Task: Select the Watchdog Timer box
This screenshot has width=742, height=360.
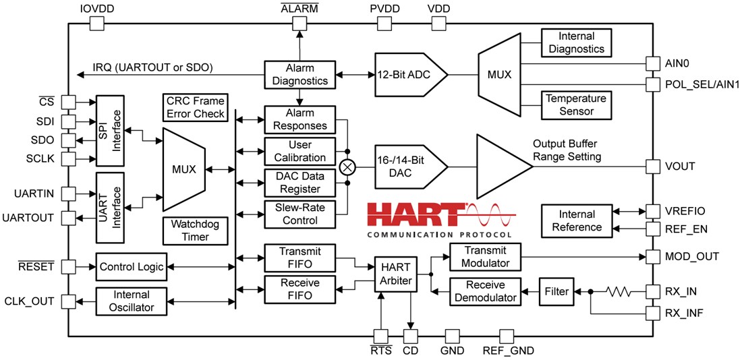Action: pos(195,230)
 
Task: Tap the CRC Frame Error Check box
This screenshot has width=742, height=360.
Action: pos(195,107)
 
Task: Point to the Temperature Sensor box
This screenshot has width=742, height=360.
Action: pos(576,105)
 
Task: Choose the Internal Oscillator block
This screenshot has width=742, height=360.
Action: pos(132,300)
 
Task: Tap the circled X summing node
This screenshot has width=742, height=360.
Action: pos(347,166)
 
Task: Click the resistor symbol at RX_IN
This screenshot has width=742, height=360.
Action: pos(619,291)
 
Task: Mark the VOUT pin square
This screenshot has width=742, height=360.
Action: pos(652,166)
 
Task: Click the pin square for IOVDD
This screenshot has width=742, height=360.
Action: pos(96,24)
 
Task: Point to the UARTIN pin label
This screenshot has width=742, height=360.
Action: pos(34,193)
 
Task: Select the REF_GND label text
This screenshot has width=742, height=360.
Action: pos(508,350)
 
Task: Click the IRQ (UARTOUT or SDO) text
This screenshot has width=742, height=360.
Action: pos(154,67)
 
